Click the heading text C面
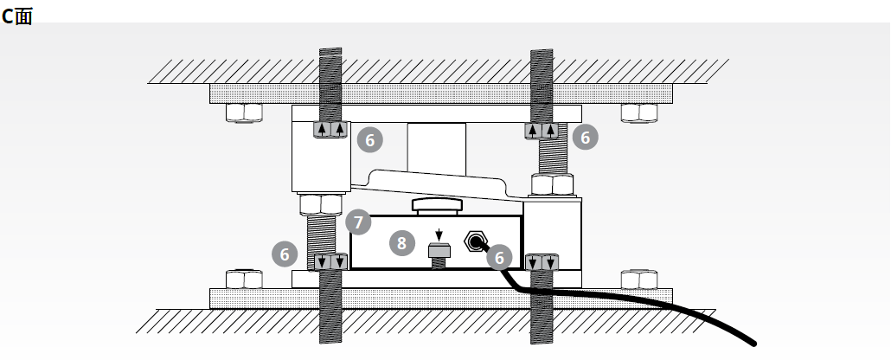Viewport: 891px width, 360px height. click(x=17, y=16)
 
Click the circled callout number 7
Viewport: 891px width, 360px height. click(x=358, y=222)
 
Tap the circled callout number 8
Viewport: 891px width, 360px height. click(x=401, y=243)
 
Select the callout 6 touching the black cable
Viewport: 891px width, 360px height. click(x=499, y=257)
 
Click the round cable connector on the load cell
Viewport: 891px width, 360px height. click(x=475, y=241)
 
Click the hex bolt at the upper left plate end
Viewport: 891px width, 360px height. click(x=244, y=112)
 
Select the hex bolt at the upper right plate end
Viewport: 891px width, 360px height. click(x=640, y=112)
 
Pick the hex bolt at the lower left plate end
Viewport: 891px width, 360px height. click(x=244, y=280)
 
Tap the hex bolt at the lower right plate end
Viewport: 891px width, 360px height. click(x=640, y=280)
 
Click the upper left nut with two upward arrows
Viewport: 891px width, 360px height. click(x=330, y=131)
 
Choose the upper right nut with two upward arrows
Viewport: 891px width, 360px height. click(x=542, y=131)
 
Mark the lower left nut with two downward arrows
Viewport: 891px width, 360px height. click(x=330, y=260)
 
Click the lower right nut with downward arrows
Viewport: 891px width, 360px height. click(x=542, y=260)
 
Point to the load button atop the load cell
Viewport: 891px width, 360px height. click(x=439, y=205)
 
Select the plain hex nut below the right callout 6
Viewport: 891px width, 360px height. click(x=550, y=184)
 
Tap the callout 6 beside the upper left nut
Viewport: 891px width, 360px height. click(x=369, y=138)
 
